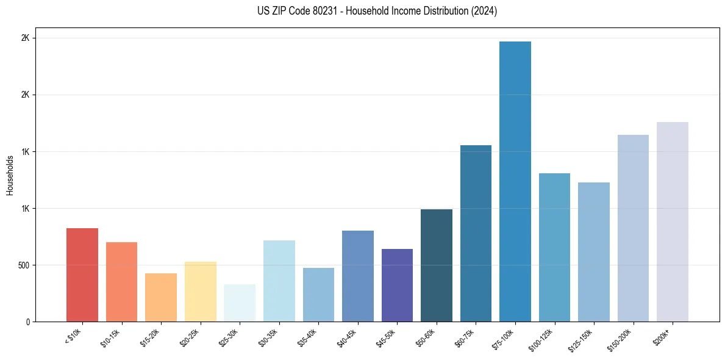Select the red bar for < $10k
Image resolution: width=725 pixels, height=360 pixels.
[82, 275]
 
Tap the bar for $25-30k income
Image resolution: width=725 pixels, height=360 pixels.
[240, 303]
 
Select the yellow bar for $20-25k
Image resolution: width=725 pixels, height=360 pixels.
[200, 292]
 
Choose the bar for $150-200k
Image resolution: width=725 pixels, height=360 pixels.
[633, 228]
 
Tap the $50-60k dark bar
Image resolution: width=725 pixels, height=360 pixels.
[436, 265]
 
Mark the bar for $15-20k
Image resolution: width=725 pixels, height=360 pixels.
[161, 297]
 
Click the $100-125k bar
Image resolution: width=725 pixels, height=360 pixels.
[554, 247]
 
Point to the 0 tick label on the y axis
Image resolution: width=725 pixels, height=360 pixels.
[27, 322]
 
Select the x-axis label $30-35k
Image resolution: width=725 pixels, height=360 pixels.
[269, 337]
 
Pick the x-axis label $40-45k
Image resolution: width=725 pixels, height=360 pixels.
[348, 337]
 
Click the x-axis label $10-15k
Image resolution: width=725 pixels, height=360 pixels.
[112, 337]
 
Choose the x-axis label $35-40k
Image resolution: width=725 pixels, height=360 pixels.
[309, 337]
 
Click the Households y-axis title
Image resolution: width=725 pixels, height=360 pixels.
[10, 175]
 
